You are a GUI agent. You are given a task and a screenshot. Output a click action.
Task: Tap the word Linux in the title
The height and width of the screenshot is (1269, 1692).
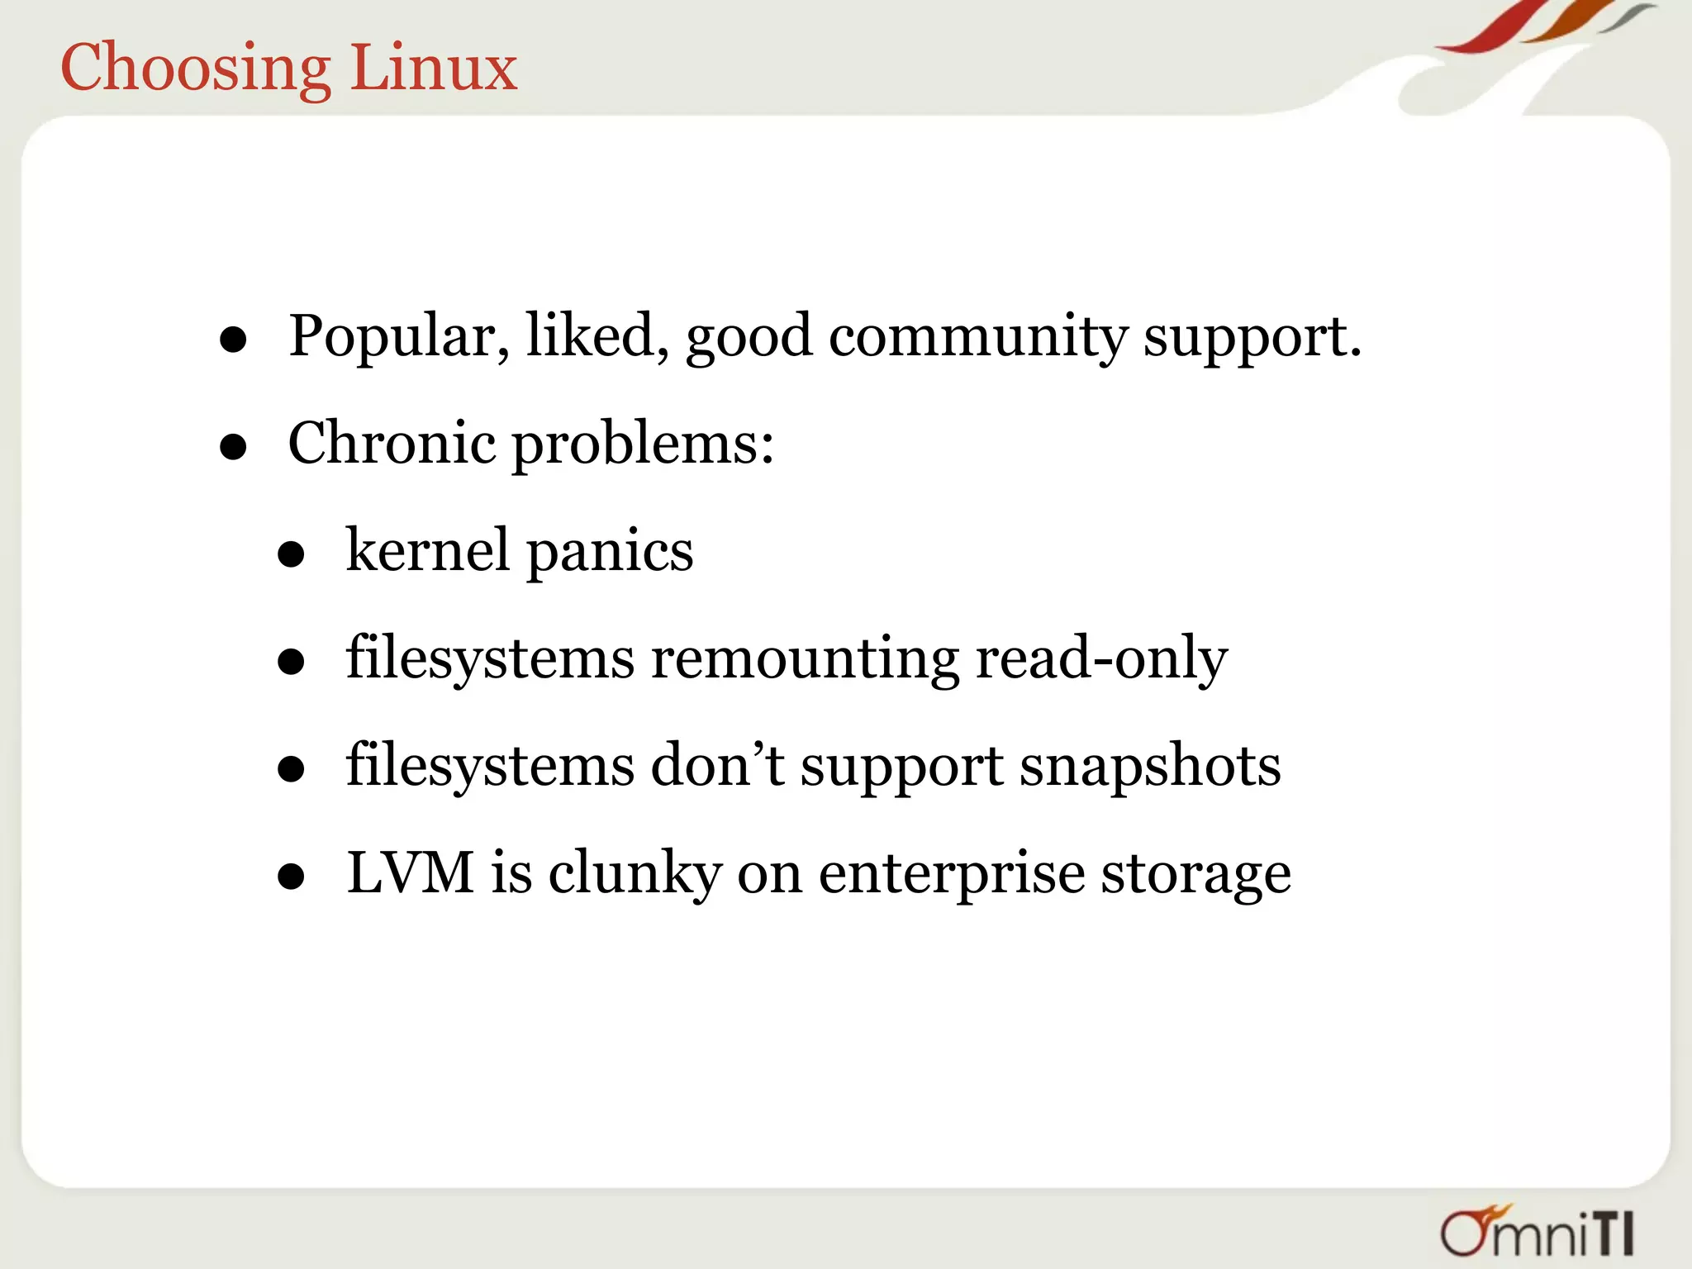(434, 68)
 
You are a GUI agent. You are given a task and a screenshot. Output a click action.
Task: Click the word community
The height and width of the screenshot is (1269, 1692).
(978, 337)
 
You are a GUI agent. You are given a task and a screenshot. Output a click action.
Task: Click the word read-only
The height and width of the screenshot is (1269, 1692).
(1101, 659)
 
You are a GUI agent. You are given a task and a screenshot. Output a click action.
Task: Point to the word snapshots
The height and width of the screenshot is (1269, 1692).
(1150, 767)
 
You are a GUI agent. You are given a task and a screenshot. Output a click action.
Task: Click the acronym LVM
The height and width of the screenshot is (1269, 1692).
(411, 872)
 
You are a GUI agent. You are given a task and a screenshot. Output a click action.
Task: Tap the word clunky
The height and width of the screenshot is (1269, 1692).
(634, 874)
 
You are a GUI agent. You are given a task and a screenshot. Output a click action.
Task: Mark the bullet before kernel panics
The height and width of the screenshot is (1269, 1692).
(291, 555)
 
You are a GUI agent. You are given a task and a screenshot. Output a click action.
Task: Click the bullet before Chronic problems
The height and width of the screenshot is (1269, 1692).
(234, 448)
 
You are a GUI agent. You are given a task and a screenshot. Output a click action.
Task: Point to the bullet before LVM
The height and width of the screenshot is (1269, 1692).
(291, 877)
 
